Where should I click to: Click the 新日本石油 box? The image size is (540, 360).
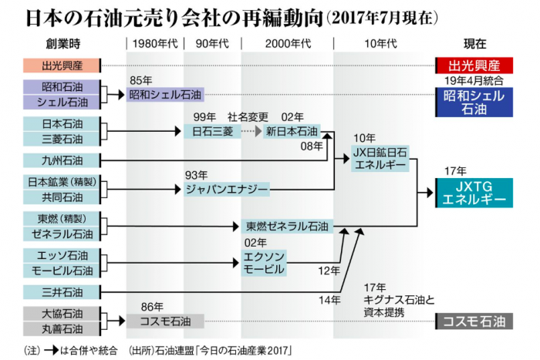point(292,131)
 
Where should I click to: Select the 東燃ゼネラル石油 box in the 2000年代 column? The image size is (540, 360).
point(287,227)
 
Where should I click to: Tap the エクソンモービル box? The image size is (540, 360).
point(265,263)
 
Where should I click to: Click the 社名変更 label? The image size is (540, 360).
point(248,116)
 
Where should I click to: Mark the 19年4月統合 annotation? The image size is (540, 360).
point(474,80)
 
